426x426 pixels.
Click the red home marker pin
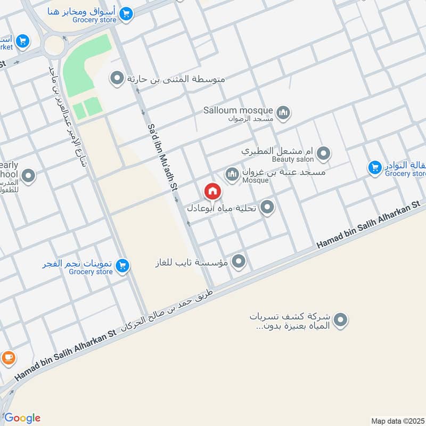(212, 191)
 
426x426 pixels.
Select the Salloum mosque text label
(238, 110)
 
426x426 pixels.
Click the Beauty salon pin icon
(323, 154)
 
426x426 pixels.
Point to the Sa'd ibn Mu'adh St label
(162, 157)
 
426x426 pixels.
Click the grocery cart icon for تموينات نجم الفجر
(123, 265)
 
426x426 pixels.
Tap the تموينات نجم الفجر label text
(80, 264)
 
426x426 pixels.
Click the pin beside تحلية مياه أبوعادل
(267, 207)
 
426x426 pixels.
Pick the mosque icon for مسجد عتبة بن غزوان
(232, 174)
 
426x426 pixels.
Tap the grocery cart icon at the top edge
(126, 14)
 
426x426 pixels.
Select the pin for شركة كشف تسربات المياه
(341, 320)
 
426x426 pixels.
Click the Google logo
(22, 417)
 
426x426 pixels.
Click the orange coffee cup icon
(7, 357)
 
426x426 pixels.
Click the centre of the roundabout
(54, 46)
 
